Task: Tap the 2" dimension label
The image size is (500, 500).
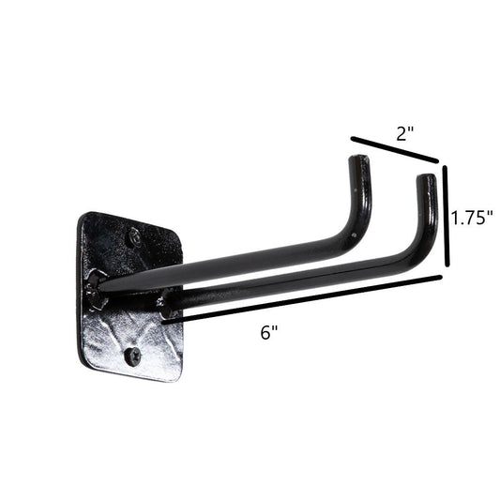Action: click(x=404, y=133)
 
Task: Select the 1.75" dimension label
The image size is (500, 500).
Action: click(x=472, y=218)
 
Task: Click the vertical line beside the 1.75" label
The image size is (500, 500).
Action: click(x=447, y=216)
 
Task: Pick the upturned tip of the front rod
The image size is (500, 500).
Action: click(x=426, y=182)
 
